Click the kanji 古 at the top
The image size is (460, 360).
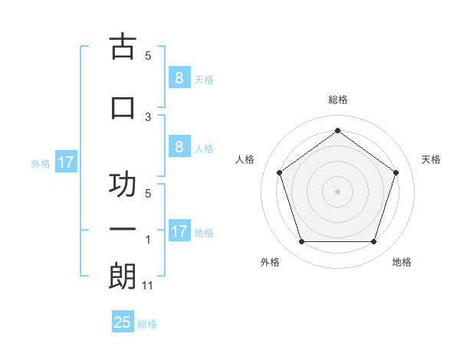pyautogui.click(x=123, y=47)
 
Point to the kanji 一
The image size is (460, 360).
pyautogui.click(x=123, y=230)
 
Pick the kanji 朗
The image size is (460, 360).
pyautogui.click(x=123, y=277)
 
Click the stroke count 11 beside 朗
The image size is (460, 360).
pyautogui.click(x=148, y=286)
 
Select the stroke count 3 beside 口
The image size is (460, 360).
pyautogui.click(x=148, y=116)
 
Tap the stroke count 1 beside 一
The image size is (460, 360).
pyautogui.click(x=148, y=240)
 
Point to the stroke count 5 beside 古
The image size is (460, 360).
pyautogui.click(x=148, y=56)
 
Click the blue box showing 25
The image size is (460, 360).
pyautogui.click(x=123, y=322)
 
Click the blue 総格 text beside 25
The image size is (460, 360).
pyautogui.click(x=147, y=324)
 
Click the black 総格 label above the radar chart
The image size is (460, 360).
pyautogui.click(x=337, y=100)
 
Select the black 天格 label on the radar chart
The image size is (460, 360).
pyautogui.click(x=431, y=159)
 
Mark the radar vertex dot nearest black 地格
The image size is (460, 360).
pyautogui.click(x=373, y=242)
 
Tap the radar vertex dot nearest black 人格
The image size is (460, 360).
pyautogui.click(x=279, y=172)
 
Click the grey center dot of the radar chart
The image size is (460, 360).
pyautogui.click(x=337, y=191)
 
